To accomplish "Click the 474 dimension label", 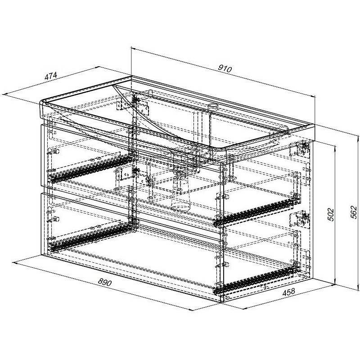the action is click(x=50, y=76).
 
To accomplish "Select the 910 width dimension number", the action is click(x=225, y=68).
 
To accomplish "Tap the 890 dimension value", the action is click(x=105, y=282).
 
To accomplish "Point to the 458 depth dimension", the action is click(x=288, y=292).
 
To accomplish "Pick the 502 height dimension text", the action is click(x=330, y=215).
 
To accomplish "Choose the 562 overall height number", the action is click(x=354, y=212).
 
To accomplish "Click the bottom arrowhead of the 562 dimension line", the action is click(x=358, y=287).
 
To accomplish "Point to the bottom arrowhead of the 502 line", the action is click(x=335, y=283).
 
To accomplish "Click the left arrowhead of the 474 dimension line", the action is click(x=4, y=94).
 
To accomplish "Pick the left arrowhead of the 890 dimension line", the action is click(x=16, y=263).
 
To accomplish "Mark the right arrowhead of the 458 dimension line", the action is click(x=331, y=286).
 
